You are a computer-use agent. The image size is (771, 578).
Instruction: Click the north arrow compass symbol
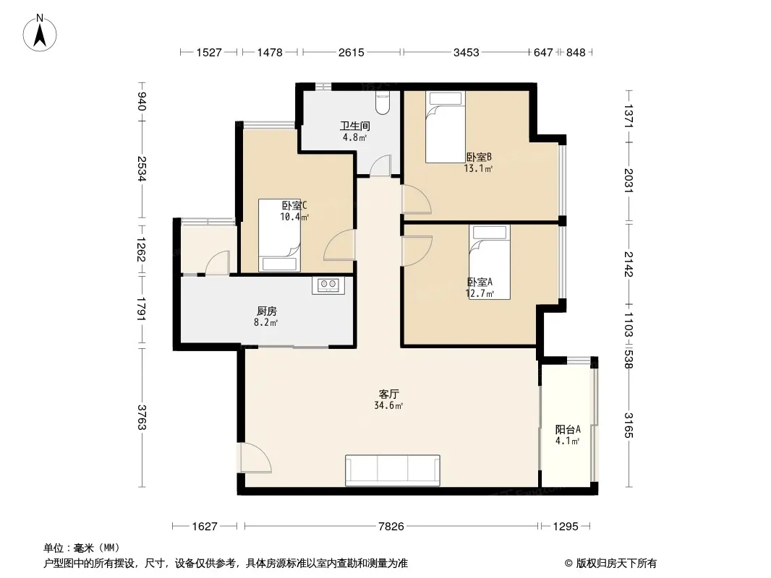[x=40, y=33]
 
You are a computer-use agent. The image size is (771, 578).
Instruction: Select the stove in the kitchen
[x=328, y=285]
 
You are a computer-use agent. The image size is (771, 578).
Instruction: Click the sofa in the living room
[x=393, y=470]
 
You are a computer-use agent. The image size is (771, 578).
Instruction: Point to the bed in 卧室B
[x=445, y=126]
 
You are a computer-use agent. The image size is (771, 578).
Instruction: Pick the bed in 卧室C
[x=279, y=235]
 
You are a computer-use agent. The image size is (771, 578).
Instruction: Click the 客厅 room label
[x=388, y=394]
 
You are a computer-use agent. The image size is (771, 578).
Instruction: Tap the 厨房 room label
[x=266, y=311]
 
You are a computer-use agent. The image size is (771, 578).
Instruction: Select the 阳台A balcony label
[x=568, y=429]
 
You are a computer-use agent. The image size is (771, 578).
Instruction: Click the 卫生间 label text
[x=354, y=126]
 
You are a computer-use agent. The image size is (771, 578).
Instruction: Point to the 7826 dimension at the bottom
[x=391, y=527]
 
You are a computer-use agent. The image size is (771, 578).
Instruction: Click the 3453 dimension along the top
[x=466, y=52]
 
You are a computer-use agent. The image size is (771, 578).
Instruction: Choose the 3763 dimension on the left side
[x=142, y=417]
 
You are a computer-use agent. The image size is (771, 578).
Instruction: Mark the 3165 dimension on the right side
[x=629, y=426]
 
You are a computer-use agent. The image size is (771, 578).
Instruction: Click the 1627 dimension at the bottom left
[x=205, y=527]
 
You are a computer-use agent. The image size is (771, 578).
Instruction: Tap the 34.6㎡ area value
[x=388, y=405]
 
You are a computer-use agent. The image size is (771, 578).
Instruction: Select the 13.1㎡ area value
[x=478, y=168]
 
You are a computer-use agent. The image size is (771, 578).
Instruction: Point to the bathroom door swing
[x=380, y=165]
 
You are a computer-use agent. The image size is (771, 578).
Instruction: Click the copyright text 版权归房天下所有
[x=617, y=564]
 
